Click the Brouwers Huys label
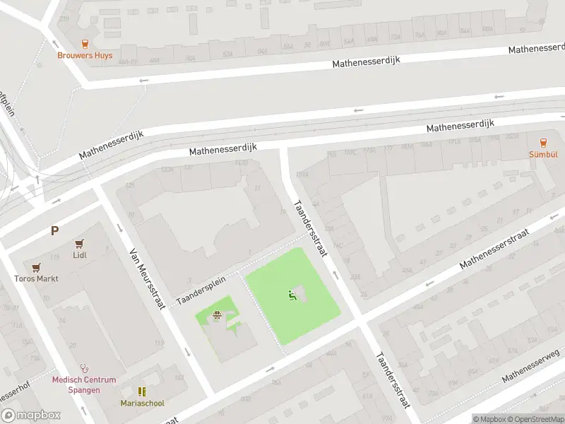(x=85, y=55)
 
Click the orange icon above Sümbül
(x=543, y=143)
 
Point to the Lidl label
(x=79, y=255)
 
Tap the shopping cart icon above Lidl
(x=79, y=243)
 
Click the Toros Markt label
(x=36, y=278)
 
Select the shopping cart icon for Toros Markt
(x=36, y=267)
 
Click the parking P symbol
(x=54, y=230)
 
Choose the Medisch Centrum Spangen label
(x=84, y=384)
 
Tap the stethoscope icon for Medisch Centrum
(x=85, y=368)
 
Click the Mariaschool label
(x=142, y=403)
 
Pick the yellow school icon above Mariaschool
(x=142, y=391)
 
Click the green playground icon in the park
(x=291, y=295)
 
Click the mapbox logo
(x=31, y=416)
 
